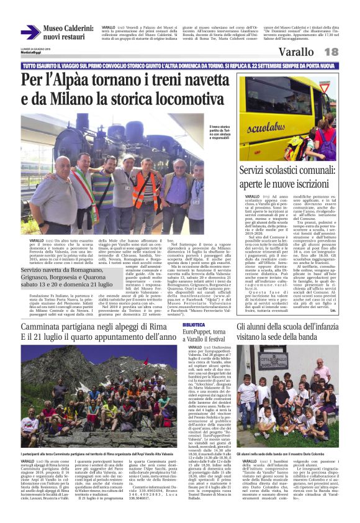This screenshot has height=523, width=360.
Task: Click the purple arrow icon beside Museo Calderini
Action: pyautogui.click(x=31, y=33)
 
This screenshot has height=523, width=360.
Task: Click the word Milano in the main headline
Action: pyautogui.click(x=84, y=98)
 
